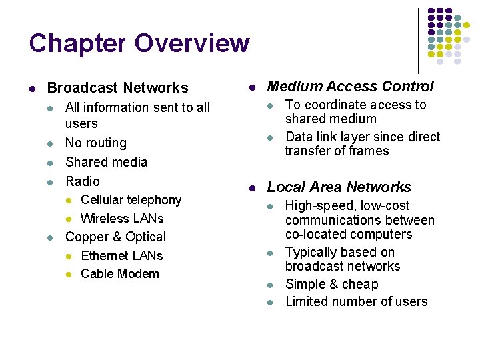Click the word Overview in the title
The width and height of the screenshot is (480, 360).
tap(192, 43)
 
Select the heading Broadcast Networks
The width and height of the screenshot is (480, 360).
tap(117, 88)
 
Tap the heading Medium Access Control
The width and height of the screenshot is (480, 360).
tap(350, 86)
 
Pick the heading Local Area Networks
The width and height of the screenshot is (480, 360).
tap(339, 187)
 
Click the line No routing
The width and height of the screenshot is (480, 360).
tap(95, 143)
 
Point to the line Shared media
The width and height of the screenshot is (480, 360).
tap(106, 162)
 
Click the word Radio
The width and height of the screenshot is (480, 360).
tap(82, 181)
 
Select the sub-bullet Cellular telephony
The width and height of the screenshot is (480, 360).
tap(131, 200)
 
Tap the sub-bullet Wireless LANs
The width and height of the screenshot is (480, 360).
tap(122, 219)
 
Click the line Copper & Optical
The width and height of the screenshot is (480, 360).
tap(115, 237)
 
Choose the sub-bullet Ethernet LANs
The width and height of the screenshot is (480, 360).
tap(121, 255)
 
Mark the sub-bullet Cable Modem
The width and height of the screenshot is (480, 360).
tap(120, 274)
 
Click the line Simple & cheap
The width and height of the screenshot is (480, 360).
tap(331, 284)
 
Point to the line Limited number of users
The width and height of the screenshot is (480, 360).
tap(356, 302)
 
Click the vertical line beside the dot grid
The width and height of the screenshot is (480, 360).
tap(418, 40)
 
